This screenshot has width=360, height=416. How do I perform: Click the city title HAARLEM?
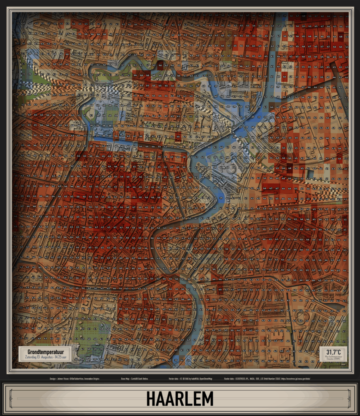[180, 399]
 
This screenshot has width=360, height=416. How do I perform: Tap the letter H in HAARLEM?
[151, 399]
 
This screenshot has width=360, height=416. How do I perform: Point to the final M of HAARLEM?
[207, 399]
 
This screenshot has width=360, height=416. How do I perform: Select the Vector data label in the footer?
[174, 379]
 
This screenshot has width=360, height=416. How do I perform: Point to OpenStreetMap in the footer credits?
[205, 379]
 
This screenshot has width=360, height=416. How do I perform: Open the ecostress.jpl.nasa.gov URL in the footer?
[296, 379]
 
